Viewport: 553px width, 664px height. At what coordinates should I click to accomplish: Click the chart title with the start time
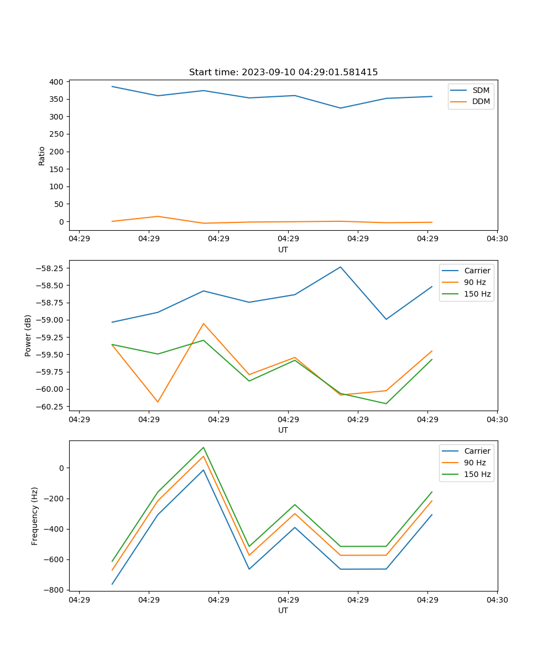(283, 72)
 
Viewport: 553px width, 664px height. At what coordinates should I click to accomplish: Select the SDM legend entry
(481, 90)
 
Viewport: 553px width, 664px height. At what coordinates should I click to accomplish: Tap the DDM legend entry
(481, 101)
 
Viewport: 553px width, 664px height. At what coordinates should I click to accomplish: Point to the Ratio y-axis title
(42, 155)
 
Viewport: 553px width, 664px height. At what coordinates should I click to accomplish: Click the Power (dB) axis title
(28, 335)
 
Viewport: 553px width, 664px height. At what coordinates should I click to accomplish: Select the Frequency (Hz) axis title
(35, 516)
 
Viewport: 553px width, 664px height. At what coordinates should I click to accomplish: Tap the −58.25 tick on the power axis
(51, 268)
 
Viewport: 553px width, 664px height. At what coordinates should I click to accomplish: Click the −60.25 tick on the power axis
(51, 406)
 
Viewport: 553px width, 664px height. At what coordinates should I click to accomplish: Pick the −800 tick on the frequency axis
(55, 590)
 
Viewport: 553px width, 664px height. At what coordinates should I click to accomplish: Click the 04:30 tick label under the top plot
(497, 239)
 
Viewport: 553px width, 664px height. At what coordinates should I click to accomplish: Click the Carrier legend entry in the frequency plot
(477, 451)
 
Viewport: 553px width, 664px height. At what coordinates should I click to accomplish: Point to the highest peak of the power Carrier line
(341, 267)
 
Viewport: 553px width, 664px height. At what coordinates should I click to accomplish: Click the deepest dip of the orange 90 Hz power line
(158, 402)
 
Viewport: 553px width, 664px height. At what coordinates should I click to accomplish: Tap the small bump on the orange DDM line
(158, 216)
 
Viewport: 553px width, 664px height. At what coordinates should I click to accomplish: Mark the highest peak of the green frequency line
(204, 447)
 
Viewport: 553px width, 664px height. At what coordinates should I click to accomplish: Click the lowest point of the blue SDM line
(341, 108)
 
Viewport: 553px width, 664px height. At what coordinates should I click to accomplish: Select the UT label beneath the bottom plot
(283, 610)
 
